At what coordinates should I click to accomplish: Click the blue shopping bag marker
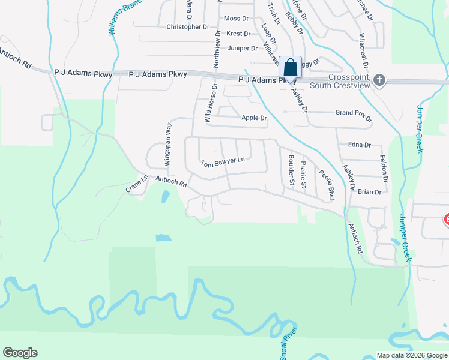[x=290, y=68]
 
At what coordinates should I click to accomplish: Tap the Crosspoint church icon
[x=379, y=80]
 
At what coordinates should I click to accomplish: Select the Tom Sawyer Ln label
[x=223, y=162]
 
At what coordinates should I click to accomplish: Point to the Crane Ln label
[x=137, y=184]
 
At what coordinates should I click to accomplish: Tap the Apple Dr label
[x=254, y=118]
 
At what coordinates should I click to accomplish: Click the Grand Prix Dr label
[x=354, y=113]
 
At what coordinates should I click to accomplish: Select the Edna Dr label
[x=360, y=145]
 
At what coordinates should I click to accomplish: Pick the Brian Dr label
[x=369, y=192]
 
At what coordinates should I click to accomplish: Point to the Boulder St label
[x=291, y=169]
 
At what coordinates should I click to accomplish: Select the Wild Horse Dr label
[x=210, y=103]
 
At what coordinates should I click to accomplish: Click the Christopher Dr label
[x=187, y=27]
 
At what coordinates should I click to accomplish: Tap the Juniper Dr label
[x=243, y=49]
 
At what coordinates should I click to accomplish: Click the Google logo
[x=20, y=353]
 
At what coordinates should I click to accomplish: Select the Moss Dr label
[x=236, y=19]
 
